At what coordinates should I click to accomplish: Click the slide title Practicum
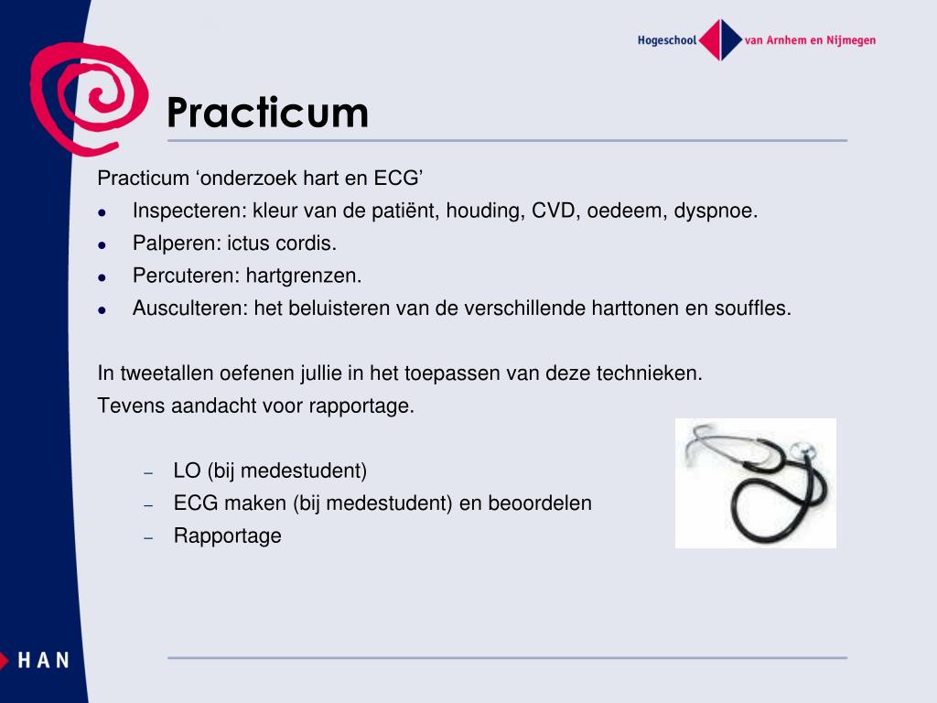(x=267, y=113)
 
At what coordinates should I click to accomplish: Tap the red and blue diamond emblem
(x=721, y=39)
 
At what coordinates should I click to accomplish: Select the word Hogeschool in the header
(x=667, y=40)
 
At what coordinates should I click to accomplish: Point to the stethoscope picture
(x=756, y=482)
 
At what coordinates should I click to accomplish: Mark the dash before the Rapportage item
(x=148, y=538)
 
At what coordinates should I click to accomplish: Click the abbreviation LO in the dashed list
(x=187, y=471)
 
